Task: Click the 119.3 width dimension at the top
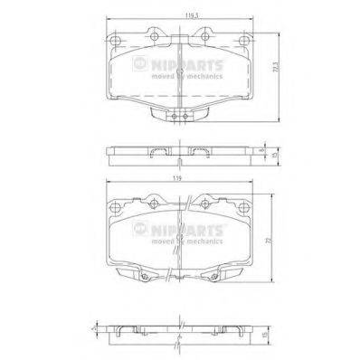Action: [181, 15]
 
